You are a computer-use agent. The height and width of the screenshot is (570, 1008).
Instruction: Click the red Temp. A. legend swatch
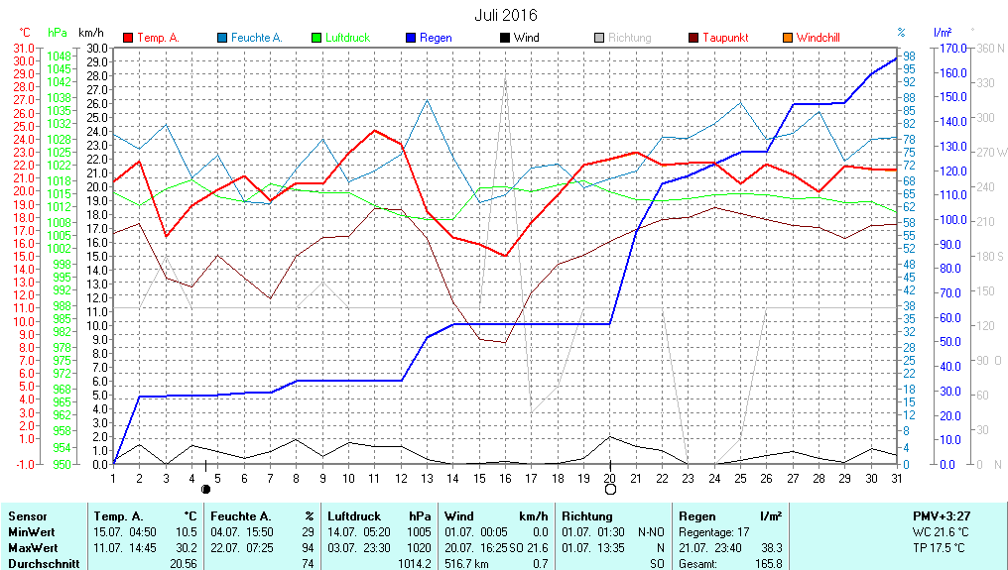pos(128,38)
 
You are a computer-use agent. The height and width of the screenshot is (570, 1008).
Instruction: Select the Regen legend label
pos(436,38)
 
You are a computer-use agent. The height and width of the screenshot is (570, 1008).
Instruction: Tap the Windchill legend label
pos(818,38)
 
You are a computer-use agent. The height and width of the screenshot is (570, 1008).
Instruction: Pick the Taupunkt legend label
pos(725,38)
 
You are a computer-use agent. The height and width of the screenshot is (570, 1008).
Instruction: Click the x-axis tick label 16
pos(505,478)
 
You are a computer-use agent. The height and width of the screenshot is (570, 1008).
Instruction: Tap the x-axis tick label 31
pos(896,478)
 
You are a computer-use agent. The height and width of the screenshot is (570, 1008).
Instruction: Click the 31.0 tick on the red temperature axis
pos(25,48)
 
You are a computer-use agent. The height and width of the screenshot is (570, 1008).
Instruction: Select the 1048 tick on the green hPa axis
pos(60,56)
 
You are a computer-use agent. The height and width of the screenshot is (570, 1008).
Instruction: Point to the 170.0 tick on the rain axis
pos(953,48)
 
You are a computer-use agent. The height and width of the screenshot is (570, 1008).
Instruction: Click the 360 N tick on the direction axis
pos(991,48)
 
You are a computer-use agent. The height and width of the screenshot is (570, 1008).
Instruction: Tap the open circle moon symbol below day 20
pos(610,489)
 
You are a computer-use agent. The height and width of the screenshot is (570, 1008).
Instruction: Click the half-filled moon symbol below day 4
pos(205,489)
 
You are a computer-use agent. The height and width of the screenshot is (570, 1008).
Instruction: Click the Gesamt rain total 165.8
pos(768,563)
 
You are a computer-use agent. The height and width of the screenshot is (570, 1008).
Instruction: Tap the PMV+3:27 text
pos(941,515)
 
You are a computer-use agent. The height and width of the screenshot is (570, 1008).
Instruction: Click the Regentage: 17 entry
pos(714,531)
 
